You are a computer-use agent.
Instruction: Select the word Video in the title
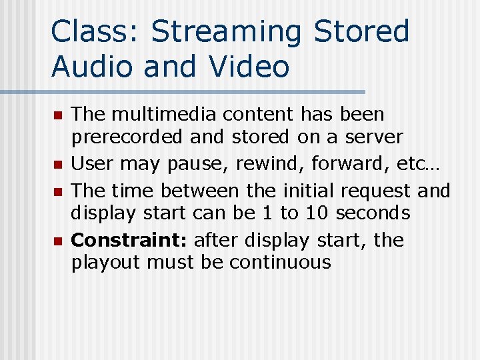click(x=249, y=67)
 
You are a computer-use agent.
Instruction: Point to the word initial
click(x=304, y=191)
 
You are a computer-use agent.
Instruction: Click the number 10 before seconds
click(x=317, y=213)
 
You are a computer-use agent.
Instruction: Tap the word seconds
click(x=373, y=213)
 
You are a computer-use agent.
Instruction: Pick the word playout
click(x=106, y=262)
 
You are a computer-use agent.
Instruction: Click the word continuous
click(x=280, y=262)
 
